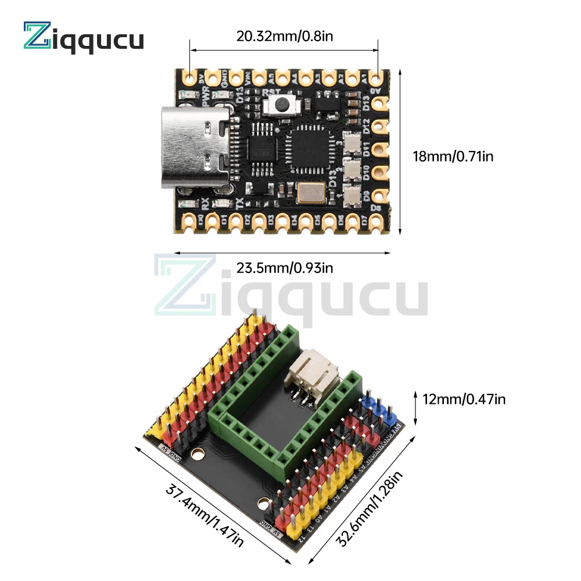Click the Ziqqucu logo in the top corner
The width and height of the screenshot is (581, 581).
point(83,38)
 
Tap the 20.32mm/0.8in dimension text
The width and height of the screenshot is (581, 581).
point(284,36)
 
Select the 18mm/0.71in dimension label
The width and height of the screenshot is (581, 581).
point(453,156)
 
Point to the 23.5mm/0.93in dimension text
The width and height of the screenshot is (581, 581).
point(284,268)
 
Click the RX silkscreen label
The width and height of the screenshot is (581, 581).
point(205,203)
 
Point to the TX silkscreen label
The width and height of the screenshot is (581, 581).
point(240,203)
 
